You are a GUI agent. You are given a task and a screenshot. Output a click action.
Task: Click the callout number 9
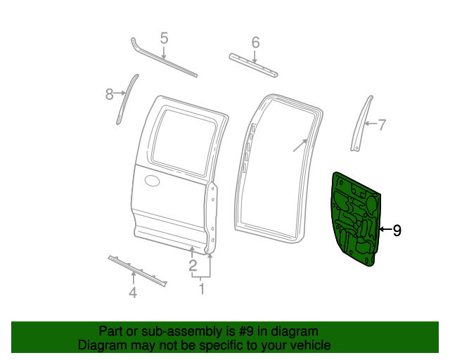[397, 230]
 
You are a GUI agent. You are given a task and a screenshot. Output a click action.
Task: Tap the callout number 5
[164, 38]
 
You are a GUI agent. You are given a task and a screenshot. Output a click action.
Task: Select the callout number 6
[255, 41]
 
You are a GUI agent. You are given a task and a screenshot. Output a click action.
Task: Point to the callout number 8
[110, 94]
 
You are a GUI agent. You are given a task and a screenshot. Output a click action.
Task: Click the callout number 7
[382, 126]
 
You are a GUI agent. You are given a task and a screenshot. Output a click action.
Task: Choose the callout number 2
[192, 265]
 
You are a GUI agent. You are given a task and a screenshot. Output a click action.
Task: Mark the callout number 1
[202, 288]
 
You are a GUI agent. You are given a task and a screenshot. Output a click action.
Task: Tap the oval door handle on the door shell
[153, 182]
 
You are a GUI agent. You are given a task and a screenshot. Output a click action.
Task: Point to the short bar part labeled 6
[254, 64]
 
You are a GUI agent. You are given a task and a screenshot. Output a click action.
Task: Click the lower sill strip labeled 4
[138, 271]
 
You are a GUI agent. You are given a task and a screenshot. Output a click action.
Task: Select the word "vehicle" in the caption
[308, 345]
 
